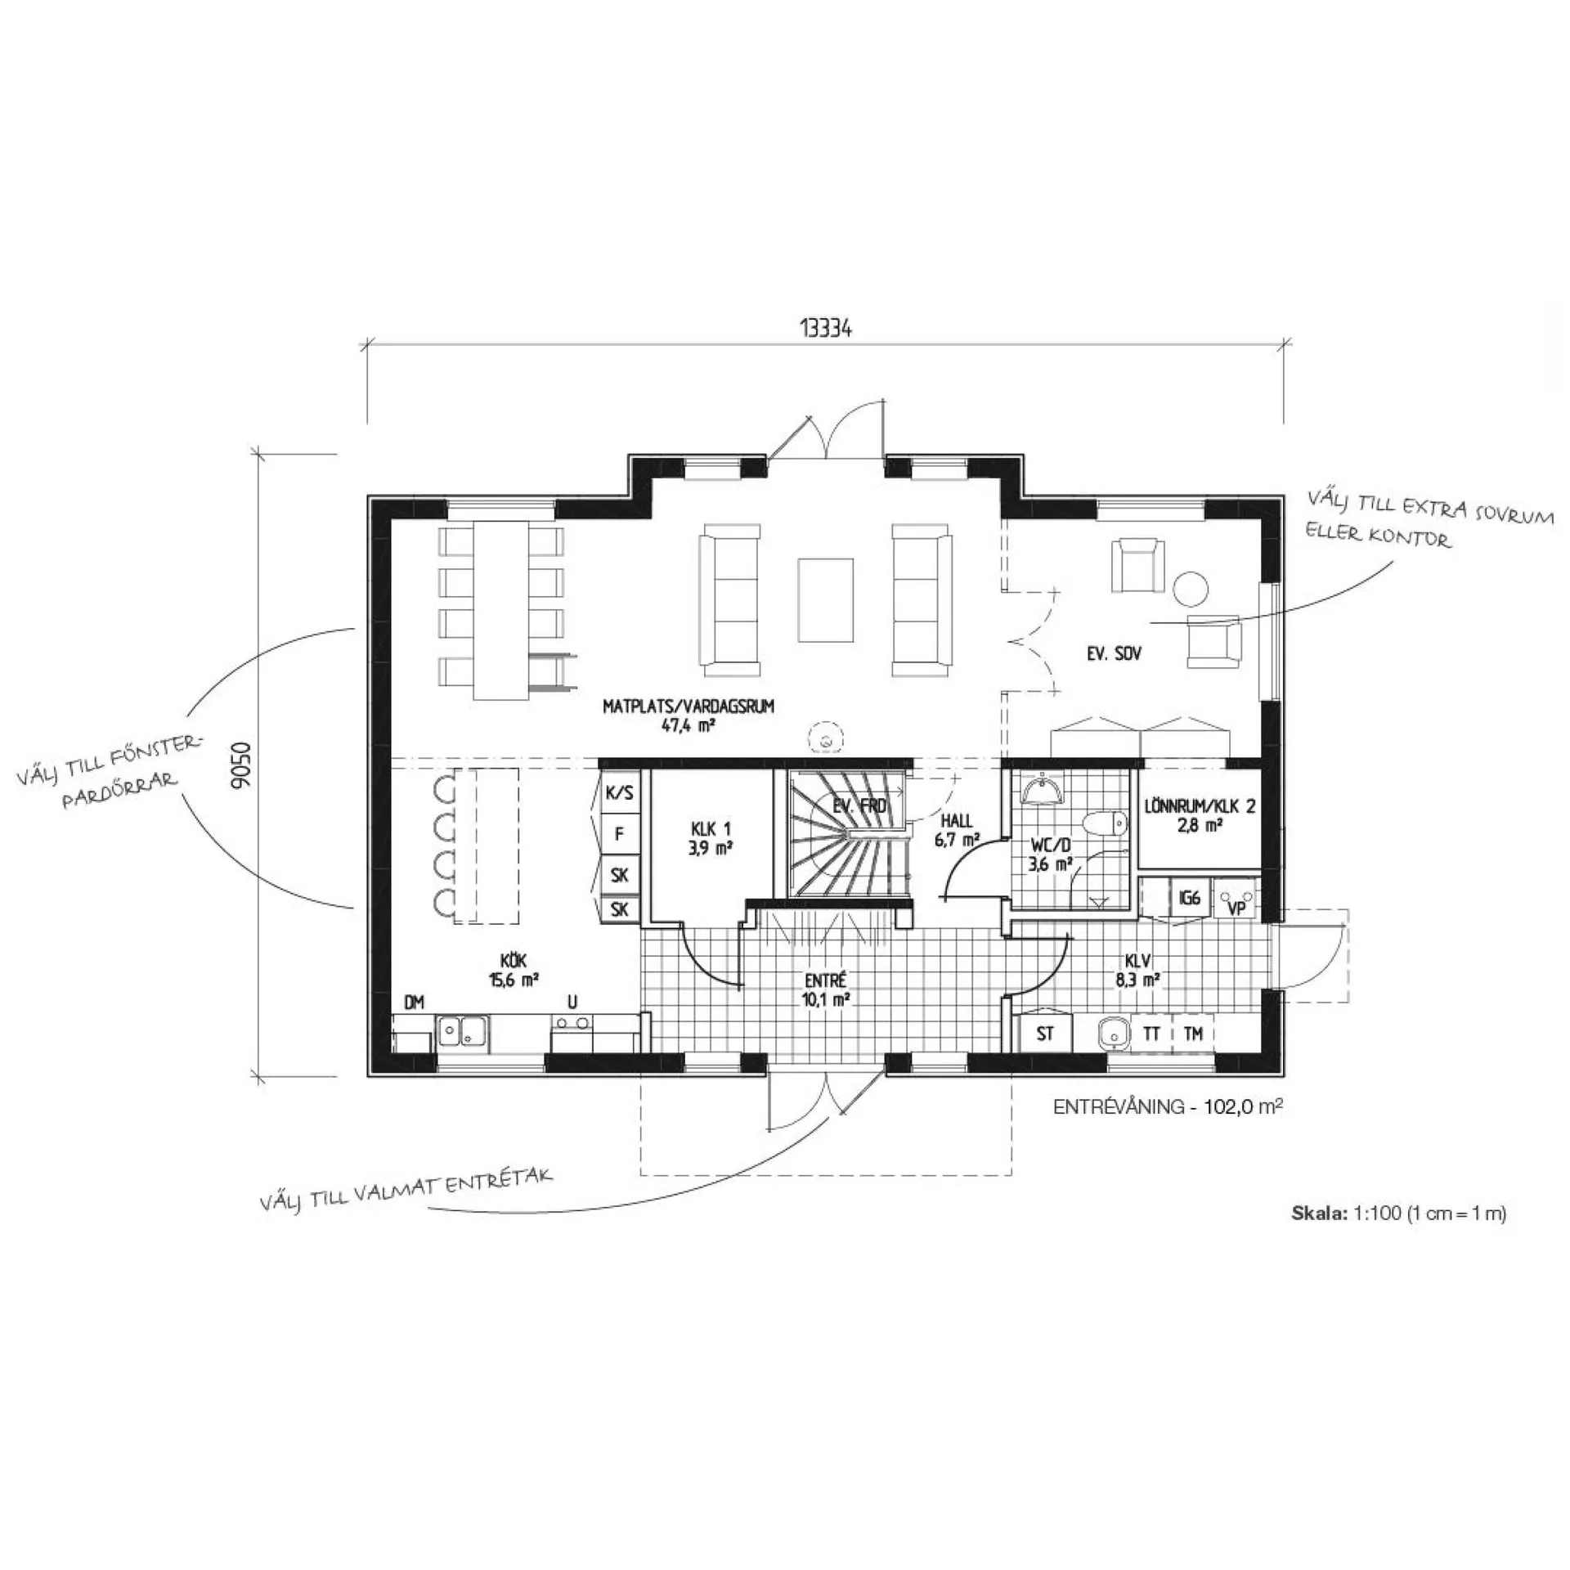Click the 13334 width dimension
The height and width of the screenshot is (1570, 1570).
[826, 329]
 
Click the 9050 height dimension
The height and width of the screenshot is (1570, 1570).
[242, 765]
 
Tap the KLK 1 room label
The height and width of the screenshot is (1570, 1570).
[710, 838]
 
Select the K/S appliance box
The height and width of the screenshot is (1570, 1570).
[620, 793]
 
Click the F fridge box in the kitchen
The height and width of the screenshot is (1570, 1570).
[620, 834]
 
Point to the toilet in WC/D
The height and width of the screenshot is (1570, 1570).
[1104, 823]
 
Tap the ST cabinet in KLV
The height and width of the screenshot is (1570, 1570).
[1045, 1034]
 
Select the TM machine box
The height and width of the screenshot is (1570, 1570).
[1193, 1034]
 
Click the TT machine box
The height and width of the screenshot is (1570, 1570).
[1151, 1034]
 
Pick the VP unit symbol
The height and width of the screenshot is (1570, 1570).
[1236, 899]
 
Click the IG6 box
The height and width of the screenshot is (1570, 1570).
[1190, 899]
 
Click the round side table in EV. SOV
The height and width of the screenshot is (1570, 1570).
[1191, 589]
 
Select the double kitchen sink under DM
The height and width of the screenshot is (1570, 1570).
[462, 1033]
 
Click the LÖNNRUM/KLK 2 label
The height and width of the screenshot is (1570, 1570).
[1200, 814]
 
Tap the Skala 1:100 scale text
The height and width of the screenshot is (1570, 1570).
[1399, 1213]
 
